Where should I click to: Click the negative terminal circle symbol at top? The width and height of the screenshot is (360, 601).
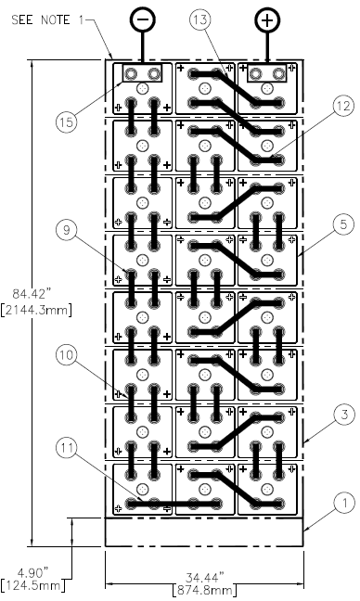(x=143, y=19)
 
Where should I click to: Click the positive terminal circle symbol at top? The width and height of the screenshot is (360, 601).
(x=267, y=19)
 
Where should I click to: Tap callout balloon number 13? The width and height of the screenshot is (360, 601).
(x=201, y=19)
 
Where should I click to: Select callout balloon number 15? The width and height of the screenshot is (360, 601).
(x=66, y=121)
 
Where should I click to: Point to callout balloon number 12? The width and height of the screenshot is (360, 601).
(x=343, y=106)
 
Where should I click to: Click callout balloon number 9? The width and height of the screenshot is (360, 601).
(x=66, y=230)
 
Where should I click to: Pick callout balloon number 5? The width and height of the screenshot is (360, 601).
(x=343, y=224)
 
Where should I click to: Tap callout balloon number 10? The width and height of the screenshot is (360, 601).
(x=66, y=355)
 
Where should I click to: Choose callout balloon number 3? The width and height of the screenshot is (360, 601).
(x=344, y=415)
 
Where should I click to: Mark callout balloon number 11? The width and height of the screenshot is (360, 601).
(x=66, y=448)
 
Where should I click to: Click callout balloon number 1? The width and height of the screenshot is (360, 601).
(x=344, y=503)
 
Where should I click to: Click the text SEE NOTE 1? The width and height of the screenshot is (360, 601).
(x=47, y=19)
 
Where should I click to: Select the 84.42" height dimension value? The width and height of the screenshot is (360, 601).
(x=32, y=294)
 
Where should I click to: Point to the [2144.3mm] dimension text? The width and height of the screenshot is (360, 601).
(x=36, y=310)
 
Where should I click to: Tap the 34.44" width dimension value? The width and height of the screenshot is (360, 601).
(x=205, y=577)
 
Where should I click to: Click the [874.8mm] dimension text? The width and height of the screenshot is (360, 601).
(x=204, y=590)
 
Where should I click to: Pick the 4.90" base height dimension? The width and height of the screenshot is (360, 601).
(x=32, y=573)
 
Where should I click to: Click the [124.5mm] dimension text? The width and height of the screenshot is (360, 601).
(x=32, y=585)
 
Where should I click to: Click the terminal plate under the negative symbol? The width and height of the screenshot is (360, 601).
(x=142, y=73)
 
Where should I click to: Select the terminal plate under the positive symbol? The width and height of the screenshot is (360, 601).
(x=267, y=73)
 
